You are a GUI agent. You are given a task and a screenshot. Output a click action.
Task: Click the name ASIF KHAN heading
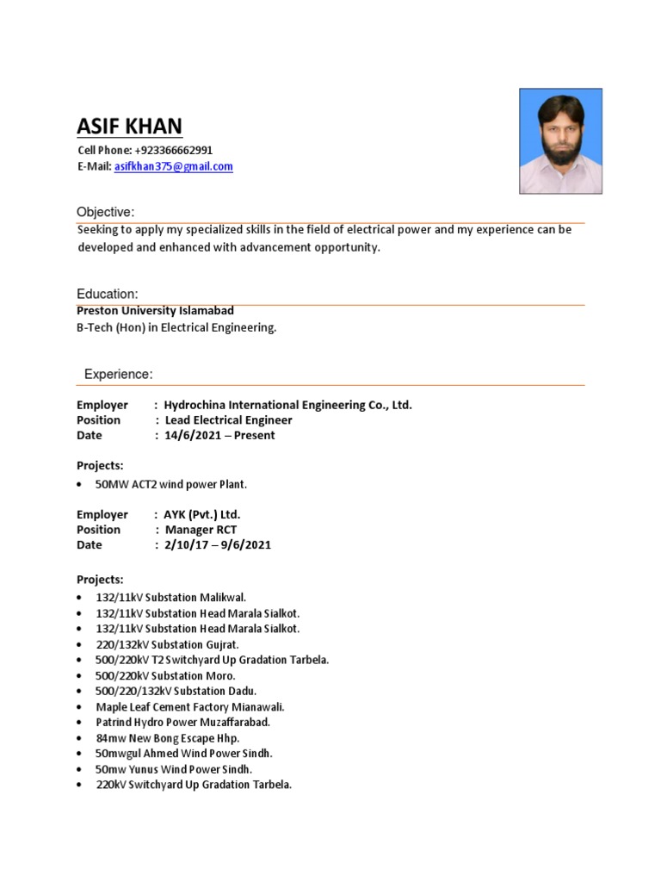tap(129, 126)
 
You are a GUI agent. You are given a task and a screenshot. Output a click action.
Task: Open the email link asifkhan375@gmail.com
tap(174, 166)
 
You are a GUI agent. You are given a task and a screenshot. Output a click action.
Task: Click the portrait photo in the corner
tap(560, 140)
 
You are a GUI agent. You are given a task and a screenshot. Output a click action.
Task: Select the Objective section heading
tap(105, 212)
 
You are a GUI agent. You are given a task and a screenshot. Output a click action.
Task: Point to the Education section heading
tap(107, 294)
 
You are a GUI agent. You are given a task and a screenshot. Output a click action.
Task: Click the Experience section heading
tap(118, 374)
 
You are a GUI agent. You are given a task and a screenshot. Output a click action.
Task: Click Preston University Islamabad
tap(155, 310)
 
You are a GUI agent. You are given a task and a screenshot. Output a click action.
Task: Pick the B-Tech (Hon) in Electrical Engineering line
tap(176, 327)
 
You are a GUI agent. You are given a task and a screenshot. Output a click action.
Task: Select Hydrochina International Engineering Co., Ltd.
tap(287, 405)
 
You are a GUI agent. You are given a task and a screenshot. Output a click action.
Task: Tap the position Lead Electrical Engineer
tap(228, 420)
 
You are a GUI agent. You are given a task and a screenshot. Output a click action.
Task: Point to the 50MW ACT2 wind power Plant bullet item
tap(176, 485)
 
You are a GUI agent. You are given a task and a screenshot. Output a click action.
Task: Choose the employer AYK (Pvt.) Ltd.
tap(202, 514)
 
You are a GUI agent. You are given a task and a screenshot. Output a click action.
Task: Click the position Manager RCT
tap(201, 530)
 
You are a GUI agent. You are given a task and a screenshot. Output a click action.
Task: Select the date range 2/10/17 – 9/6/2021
tap(218, 544)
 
